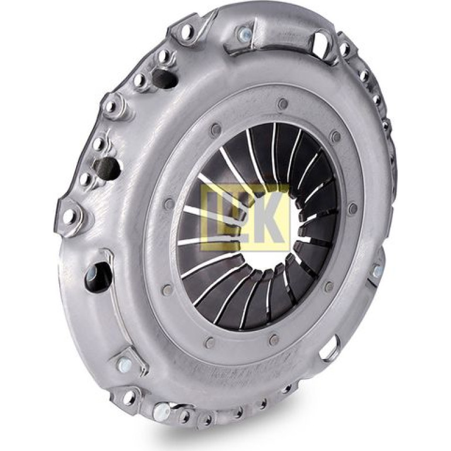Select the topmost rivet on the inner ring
tap(283, 104)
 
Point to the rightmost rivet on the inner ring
tap(353, 209)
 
